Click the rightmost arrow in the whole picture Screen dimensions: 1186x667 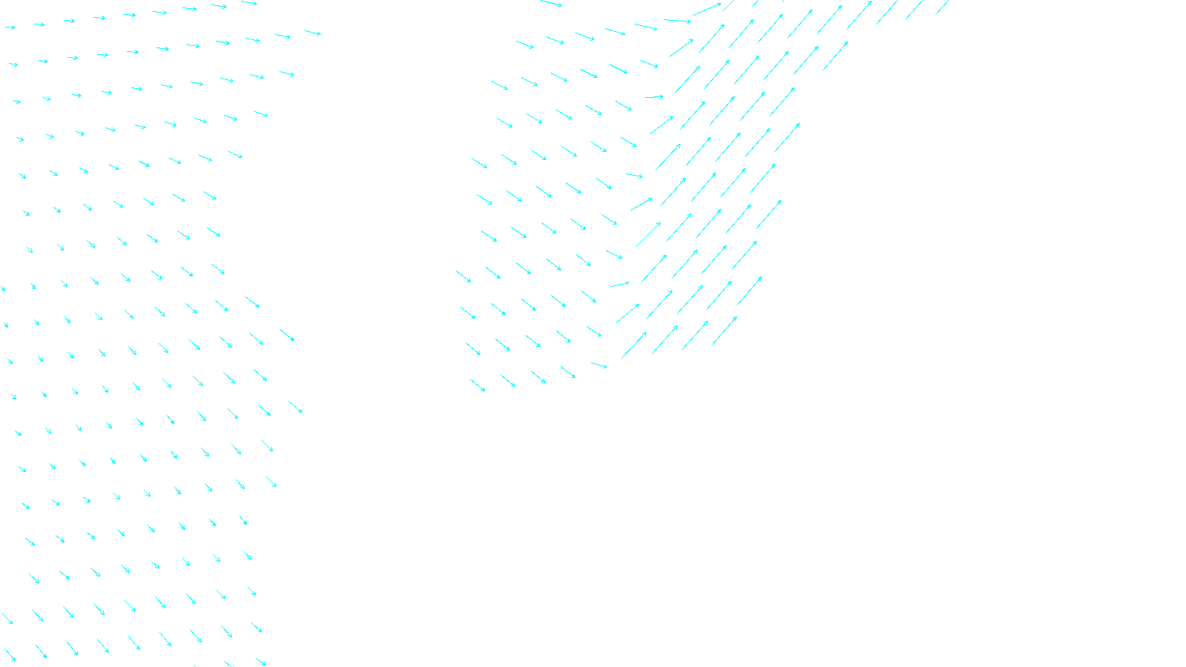942,7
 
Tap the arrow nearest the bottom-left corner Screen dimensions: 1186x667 10,655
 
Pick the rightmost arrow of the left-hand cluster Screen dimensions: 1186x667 313,33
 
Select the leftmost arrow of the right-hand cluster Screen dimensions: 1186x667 463,276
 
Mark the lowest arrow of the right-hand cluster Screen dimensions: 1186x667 477,385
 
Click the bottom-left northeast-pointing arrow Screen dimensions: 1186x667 634,345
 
